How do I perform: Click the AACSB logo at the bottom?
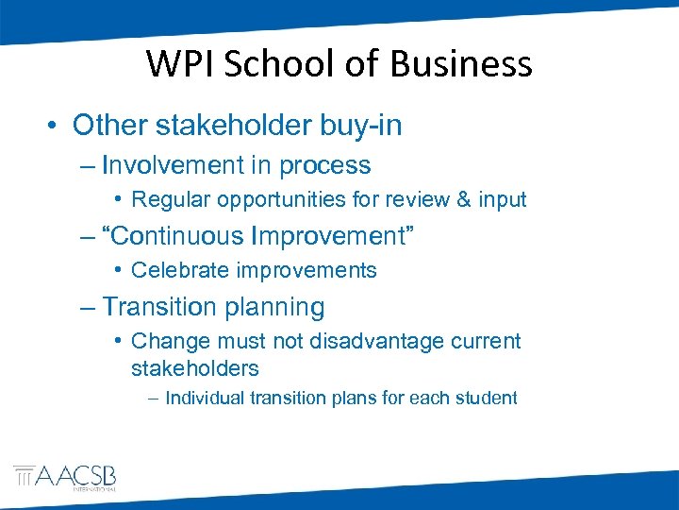tap(64, 478)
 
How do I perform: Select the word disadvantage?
tap(369, 341)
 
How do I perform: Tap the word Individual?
tap(205, 398)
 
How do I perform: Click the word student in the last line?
tap(483, 398)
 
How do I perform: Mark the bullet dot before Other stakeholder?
tap(55, 126)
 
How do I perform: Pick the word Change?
tap(164, 341)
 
